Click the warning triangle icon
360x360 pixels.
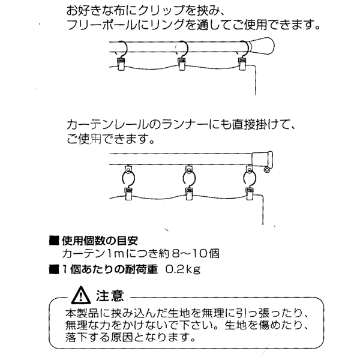80,295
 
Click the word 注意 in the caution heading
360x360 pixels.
110,295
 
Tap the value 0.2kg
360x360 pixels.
178,269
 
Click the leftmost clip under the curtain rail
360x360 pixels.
128,193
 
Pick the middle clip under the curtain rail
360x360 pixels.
187,193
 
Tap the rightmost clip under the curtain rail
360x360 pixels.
249,193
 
